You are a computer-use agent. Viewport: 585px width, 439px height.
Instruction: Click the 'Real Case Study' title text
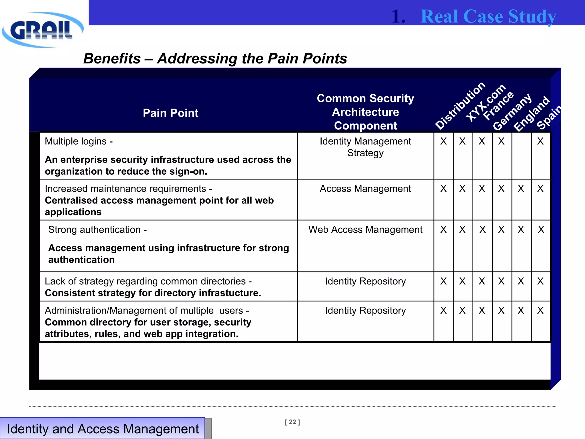click(488, 16)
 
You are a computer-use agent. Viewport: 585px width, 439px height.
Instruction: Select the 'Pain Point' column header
click(171, 113)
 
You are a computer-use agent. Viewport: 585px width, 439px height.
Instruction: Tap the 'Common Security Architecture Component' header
click(365, 112)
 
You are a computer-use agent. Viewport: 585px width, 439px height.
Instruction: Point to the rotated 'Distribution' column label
click(460, 105)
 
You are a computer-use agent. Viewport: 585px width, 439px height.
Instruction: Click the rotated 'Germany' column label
click(512, 112)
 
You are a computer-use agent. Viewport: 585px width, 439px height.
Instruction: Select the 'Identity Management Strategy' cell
click(365, 147)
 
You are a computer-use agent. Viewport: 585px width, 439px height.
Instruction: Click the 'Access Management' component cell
click(365, 189)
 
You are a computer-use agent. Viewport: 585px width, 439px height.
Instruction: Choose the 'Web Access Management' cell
click(365, 230)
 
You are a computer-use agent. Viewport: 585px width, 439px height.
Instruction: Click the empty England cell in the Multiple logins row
click(521, 155)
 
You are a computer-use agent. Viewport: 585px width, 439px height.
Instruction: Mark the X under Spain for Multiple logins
click(540, 141)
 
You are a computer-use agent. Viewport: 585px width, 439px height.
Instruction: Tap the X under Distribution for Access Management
click(443, 189)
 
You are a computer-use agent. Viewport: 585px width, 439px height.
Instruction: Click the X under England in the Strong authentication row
click(521, 230)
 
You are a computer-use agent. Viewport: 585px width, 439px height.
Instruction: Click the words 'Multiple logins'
click(76, 141)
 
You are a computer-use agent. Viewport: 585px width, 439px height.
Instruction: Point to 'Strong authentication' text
click(95, 230)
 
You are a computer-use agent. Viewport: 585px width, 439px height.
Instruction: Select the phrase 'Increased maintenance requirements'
click(125, 189)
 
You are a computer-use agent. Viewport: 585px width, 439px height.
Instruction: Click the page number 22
click(292, 422)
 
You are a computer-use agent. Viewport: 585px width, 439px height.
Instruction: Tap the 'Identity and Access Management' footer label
click(103, 429)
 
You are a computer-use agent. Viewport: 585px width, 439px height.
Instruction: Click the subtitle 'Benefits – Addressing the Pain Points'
click(215, 59)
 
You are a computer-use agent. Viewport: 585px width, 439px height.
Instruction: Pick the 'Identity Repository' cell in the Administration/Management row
click(365, 310)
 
